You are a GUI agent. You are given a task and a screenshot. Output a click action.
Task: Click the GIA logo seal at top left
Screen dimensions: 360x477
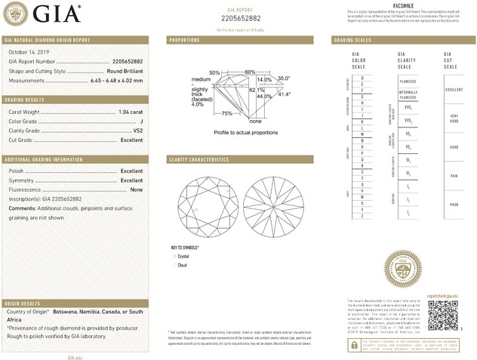point(18,14)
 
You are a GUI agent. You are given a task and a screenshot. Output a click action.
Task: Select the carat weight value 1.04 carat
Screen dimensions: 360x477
point(131,112)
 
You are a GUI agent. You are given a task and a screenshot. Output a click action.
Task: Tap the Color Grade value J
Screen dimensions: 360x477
point(141,121)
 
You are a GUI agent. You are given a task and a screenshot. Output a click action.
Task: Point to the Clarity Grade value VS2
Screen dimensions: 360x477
point(138,131)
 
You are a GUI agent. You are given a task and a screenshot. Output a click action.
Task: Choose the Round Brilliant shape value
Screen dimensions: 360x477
point(124,70)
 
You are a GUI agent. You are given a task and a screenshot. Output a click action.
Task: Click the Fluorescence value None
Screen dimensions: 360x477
point(137,189)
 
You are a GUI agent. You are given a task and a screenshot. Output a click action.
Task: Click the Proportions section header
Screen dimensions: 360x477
point(184,39)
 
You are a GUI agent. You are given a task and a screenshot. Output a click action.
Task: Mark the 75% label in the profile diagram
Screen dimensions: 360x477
point(226,112)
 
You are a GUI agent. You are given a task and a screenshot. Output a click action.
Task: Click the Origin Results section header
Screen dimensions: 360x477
point(26,301)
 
